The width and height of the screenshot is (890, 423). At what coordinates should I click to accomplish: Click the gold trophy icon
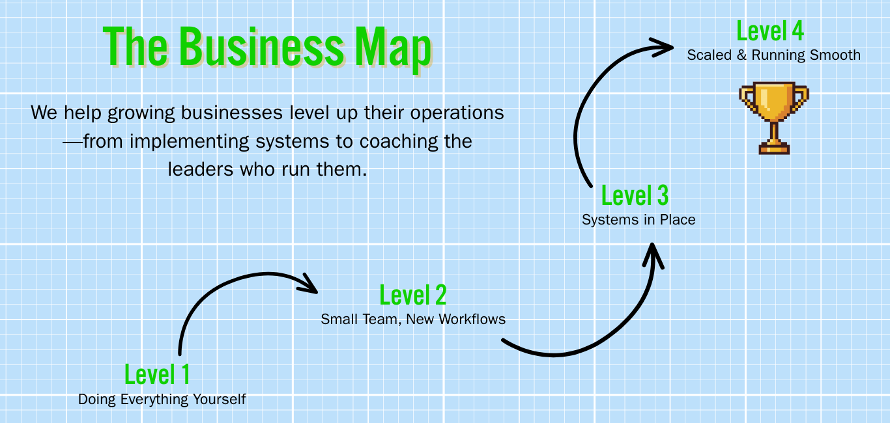pyautogui.click(x=773, y=117)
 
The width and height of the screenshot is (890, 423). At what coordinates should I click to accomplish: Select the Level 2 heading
pyautogui.click(x=413, y=295)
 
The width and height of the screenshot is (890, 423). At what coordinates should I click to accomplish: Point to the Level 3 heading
pyautogui.click(x=635, y=195)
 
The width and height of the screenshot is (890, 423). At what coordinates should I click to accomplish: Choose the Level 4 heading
pyautogui.click(x=769, y=31)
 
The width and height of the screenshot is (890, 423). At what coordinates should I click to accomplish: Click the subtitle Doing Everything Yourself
pyautogui.click(x=162, y=399)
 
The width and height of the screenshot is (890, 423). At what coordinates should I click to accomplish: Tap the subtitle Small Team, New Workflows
pyautogui.click(x=413, y=319)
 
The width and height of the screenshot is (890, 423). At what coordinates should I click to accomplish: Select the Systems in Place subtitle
pyautogui.click(x=639, y=219)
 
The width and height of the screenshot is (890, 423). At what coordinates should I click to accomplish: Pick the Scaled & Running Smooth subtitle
pyautogui.click(x=773, y=55)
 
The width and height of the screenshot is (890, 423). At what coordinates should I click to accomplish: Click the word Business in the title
pyautogui.click(x=261, y=47)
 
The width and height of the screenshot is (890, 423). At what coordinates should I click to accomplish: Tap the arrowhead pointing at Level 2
pyautogui.click(x=309, y=286)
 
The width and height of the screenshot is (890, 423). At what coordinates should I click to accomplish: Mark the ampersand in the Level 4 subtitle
pyautogui.click(x=741, y=55)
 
